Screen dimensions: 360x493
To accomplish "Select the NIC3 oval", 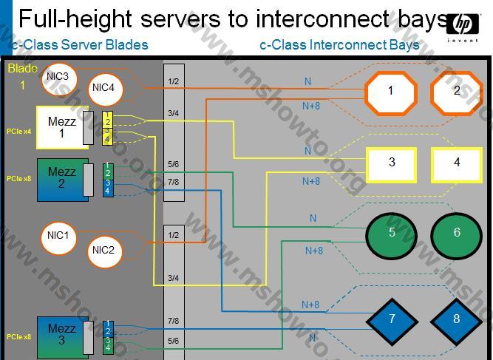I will [x=58, y=76].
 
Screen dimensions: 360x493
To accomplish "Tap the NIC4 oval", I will [x=103, y=87].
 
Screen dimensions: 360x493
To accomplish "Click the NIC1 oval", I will [x=58, y=237].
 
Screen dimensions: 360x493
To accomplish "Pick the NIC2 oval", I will [x=103, y=250].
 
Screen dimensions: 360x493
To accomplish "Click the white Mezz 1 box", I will [x=61, y=127].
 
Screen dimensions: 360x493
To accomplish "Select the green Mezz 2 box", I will [x=61, y=178].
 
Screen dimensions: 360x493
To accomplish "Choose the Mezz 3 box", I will [x=61, y=335].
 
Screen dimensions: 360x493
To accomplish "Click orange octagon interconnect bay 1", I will [x=391, y=91].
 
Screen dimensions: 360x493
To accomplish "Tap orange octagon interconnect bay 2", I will [x=457, y=91].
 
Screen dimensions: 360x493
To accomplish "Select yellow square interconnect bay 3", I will [x=392, y=163].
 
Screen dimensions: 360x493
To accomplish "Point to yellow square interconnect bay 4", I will [x=457, y=163].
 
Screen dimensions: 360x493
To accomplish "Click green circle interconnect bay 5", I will [x=392, y=233].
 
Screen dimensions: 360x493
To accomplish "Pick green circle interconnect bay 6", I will [x=457, y=233].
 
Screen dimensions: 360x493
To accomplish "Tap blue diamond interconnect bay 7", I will [x=392, y=319].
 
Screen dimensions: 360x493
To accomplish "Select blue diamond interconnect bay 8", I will [x=457, y=319].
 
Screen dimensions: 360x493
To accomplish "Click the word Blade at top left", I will [x=22, y=69].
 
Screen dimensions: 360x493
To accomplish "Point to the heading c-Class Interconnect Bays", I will [x=339, y=45].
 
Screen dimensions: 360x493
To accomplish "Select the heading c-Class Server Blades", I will [x=79, y=45].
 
